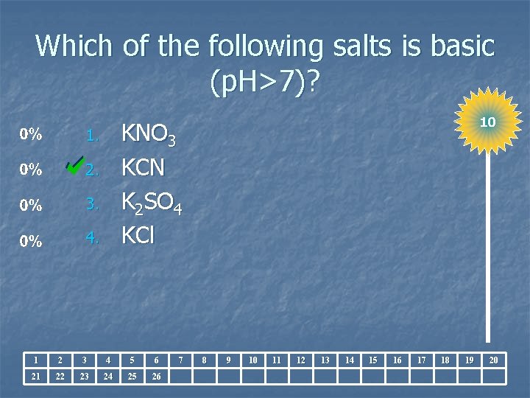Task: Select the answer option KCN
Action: pyautogui.click(x=143, y=169)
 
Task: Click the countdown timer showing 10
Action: pyautogui.click(x=487, y=122)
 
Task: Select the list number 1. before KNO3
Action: pyautogui.click(x=92, y=136)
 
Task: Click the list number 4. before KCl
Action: pyautogui.click(x=92, y=239)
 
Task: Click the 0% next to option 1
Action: pyautogui.click(x=31, y=135)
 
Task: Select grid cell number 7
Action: pyautogui.click(x=180, y=360)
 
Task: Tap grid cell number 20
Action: pyautogui.click(x=494, y=360)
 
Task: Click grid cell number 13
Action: pyautogui.click(x=325, y=360)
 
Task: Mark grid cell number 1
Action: pyautogui.click(x=35, y=360)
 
